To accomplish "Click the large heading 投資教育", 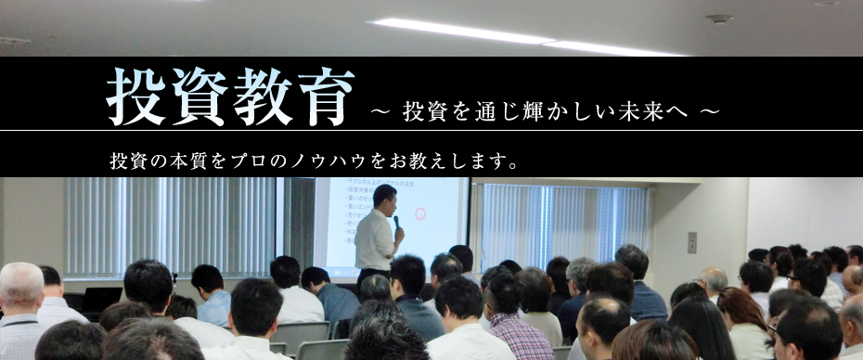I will click(230, 97).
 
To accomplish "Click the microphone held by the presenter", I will click(396, 223).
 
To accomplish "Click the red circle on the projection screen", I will click(419, 214).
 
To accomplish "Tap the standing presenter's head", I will click(384, 197).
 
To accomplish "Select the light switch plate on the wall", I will click(691, 242).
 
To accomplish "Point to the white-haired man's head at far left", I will click(20, 286).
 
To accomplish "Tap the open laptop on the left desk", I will click(99, 298).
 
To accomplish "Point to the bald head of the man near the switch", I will click(714, 279).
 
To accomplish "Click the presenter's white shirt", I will click(375, 240).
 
